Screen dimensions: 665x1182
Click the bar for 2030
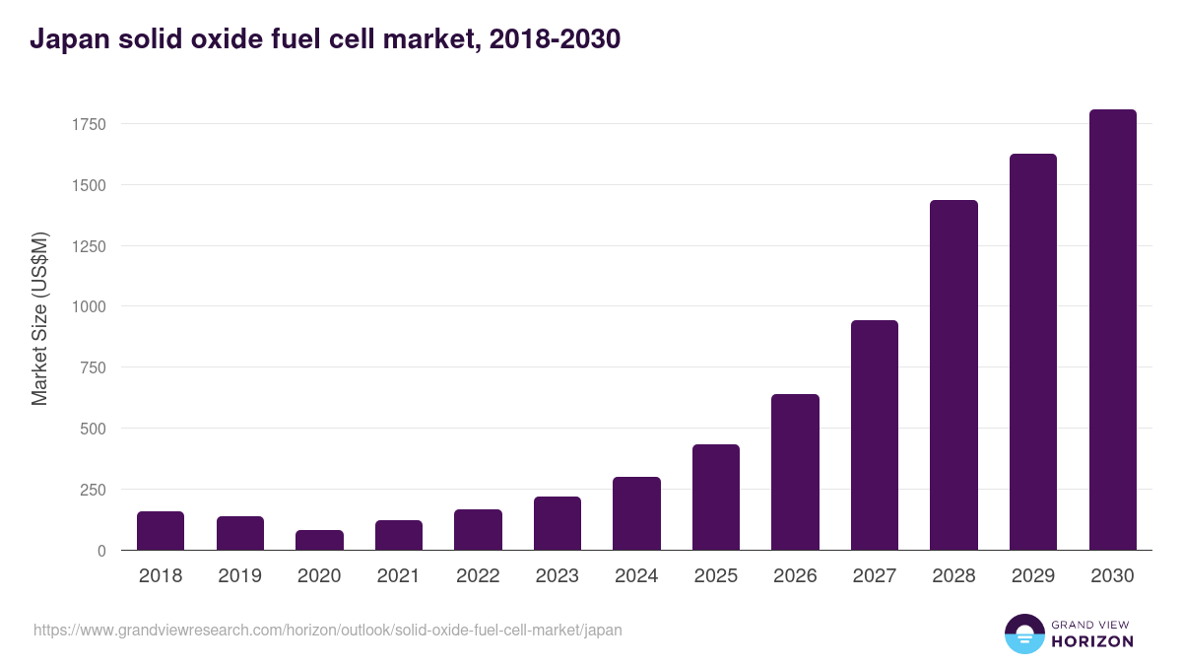(x=1112, y=330)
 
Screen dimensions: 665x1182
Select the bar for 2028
(x=953, y=375)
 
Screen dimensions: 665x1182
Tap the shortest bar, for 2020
(x=319, y=540)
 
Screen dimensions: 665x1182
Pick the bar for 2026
(x=795, y=472)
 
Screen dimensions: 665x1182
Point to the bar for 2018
(x=161, y=531)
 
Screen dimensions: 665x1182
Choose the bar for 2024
(x=636, y=513)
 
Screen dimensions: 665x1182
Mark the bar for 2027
(x=875, y=435)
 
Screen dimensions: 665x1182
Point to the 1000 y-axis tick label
(x=88, y=306)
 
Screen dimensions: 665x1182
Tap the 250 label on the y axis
(x=92, y=490)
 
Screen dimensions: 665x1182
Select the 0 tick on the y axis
(x=100, y=551)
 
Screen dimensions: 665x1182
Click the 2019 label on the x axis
(x=240, y=576)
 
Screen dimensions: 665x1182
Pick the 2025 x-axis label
(x=716, y=576)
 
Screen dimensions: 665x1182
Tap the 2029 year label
(x=1033, y=576)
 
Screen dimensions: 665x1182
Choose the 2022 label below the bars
(x=478, y=576)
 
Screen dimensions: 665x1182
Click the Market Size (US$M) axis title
(x=39, y=318)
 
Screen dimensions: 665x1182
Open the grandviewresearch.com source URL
(x=328, y=630)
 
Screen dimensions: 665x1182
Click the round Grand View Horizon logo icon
(x=1023, y=633)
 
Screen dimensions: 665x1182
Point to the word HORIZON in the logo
(x=1092, y=641)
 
